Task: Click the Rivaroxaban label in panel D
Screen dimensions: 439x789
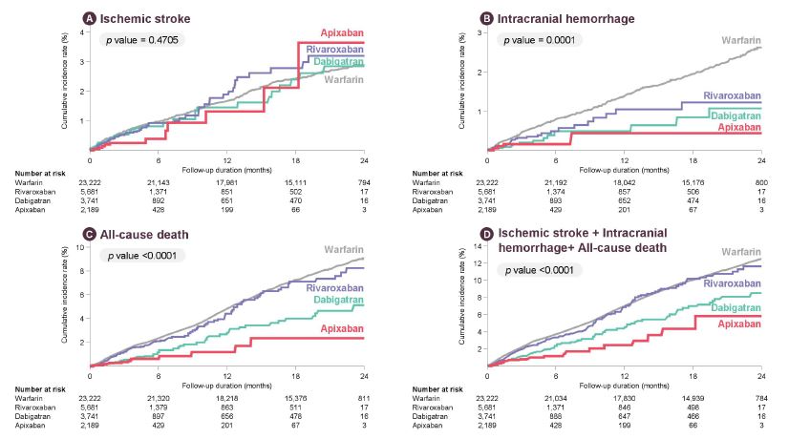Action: coord(733,283)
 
